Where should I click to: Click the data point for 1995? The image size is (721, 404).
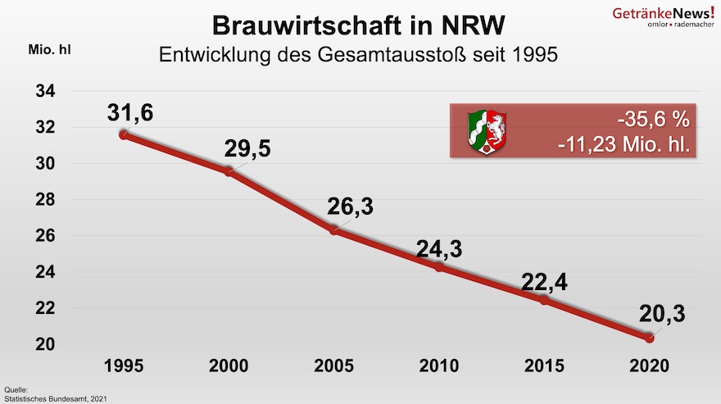124,134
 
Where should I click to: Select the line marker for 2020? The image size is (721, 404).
650,338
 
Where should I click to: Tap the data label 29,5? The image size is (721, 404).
247,150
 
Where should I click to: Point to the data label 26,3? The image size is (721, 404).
351,207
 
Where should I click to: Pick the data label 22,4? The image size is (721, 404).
544,282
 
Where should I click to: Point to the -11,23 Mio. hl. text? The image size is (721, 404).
623,146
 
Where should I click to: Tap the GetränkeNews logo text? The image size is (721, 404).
664,13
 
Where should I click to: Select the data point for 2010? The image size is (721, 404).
439,267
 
